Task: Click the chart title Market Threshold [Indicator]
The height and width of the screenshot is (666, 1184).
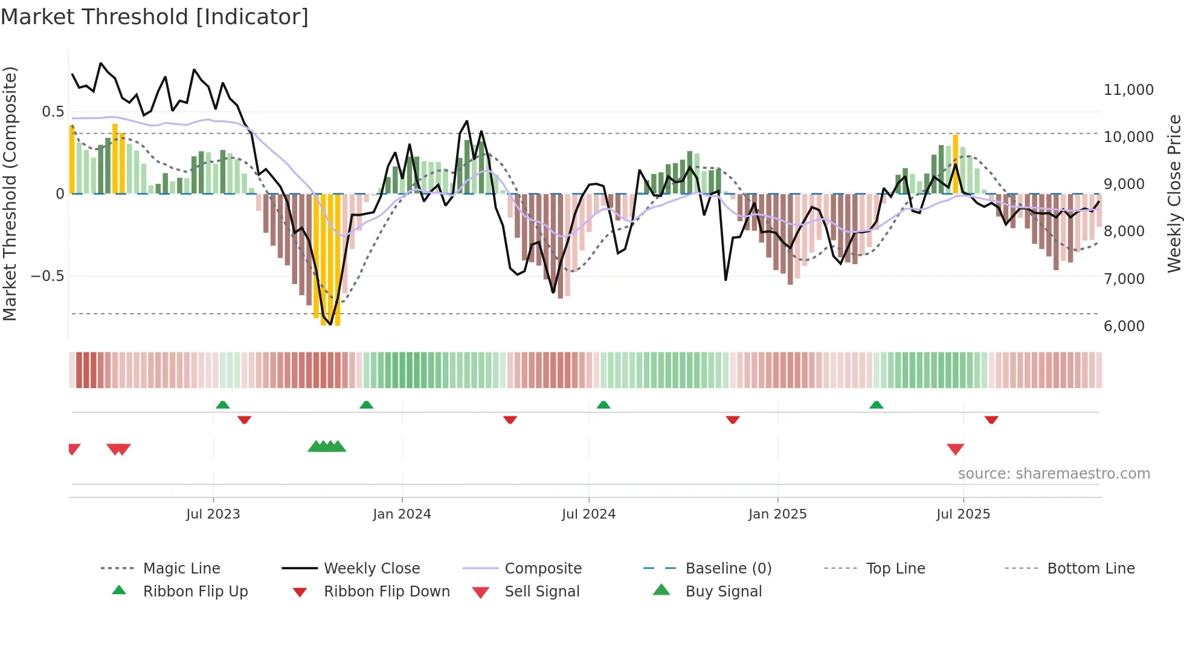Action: [155, 17]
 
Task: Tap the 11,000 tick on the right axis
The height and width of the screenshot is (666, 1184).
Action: [1128, 90]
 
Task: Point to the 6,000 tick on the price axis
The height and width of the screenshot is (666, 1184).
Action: [1124, 326]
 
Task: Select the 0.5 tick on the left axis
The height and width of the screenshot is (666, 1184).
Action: [53, 112]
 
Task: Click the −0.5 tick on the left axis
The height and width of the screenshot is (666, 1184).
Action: [48, 276]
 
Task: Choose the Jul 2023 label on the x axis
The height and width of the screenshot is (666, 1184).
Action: [213, 514]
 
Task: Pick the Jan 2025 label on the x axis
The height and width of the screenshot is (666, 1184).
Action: [777, 514]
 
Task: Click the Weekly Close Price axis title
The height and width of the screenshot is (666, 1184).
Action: [1173, 193]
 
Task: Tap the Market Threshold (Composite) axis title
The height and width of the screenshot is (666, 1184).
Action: [10, 193]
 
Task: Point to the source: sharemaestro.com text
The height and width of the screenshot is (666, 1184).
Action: [1054, 474]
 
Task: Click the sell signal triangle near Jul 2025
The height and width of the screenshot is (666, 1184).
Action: [955, 449]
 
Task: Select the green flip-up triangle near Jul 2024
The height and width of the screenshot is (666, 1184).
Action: [603, 404]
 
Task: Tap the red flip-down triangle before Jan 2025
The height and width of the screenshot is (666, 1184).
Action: [733, 419]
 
